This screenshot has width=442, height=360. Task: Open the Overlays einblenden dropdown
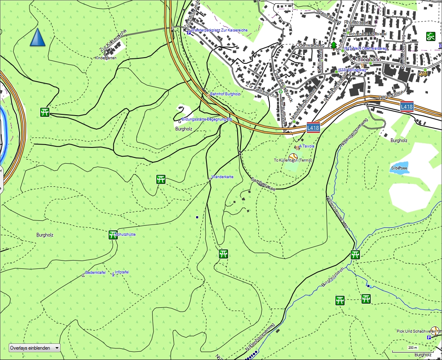click(34, 348)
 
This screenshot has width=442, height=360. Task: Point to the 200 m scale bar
click(413, 351)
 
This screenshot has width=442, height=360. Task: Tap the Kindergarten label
click(106, 58)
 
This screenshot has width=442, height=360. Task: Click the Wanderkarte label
click(222, 177)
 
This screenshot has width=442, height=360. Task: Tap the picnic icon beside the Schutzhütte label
click(112, 235)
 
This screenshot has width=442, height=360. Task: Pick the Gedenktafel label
click(95, 273)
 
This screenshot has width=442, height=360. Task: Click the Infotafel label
click(122, 272)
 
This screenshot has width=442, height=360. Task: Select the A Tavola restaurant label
click(307, 146)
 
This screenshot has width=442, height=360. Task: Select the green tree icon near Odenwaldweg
click(334, 45)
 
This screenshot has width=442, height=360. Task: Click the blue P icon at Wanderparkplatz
click(189, 32)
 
